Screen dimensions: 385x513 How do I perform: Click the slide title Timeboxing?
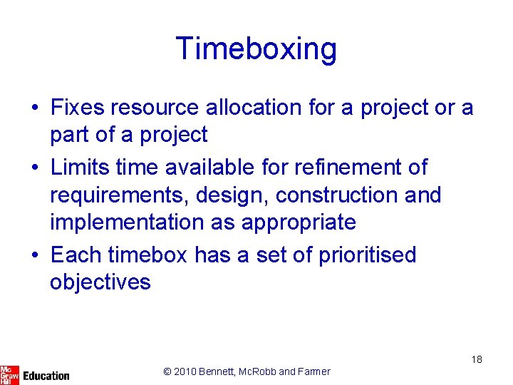[256, 49]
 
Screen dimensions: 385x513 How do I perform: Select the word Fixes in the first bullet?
[77, 108]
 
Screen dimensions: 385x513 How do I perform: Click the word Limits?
[76, 168]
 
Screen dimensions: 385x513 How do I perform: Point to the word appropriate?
[299, 222]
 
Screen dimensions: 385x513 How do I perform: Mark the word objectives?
[100, 282]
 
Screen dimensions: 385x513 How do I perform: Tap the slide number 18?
[477, 359]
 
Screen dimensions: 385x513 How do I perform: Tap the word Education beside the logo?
[46, 375]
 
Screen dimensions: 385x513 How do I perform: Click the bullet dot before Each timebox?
[35, 255]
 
